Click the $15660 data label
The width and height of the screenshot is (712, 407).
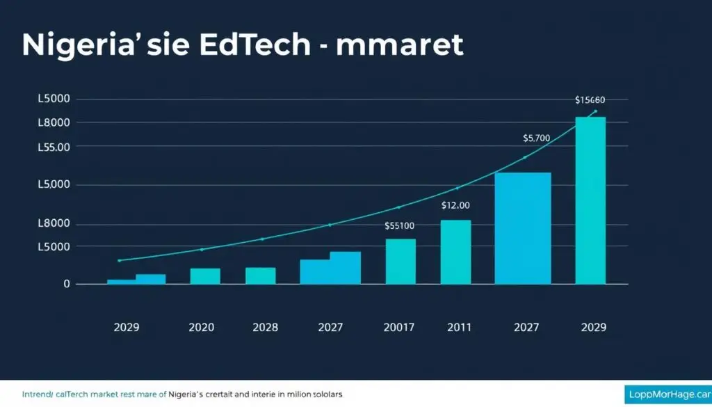click(x=590, y=100)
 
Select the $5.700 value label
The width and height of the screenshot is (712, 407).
click(x=536, y=138)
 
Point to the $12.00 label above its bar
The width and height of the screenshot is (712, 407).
click(x=455, y=205)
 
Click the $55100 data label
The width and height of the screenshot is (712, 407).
click(x=399, y=226)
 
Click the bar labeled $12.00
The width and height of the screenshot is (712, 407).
click(x=455, y=252)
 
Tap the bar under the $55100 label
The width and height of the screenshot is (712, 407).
click(x=400, y=262)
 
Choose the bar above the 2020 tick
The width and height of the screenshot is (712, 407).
click(x=205, y=276)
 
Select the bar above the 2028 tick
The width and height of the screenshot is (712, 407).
click(x=260, y=276)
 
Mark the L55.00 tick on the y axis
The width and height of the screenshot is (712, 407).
click(x=54, y=147)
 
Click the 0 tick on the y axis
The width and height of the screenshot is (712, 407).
click(x=67, y=284)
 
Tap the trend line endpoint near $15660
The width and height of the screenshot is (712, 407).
click(x=595, y=111)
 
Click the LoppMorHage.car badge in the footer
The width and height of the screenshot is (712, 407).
click(x=667, y=394)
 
